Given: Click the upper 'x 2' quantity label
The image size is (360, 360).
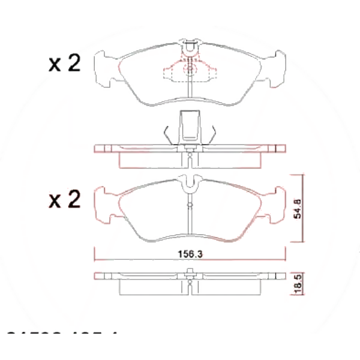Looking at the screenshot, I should [64, 63].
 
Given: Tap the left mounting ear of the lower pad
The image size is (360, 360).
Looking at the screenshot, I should [104, 204].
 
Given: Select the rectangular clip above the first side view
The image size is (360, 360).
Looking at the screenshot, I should [190, 127].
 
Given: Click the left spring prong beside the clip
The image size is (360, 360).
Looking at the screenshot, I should [169, 135].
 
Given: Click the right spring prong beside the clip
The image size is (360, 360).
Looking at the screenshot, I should [211, 135].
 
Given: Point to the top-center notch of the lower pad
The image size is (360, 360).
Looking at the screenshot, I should [190, 182].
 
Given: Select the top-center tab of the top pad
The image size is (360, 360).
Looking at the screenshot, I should [190, 45].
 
